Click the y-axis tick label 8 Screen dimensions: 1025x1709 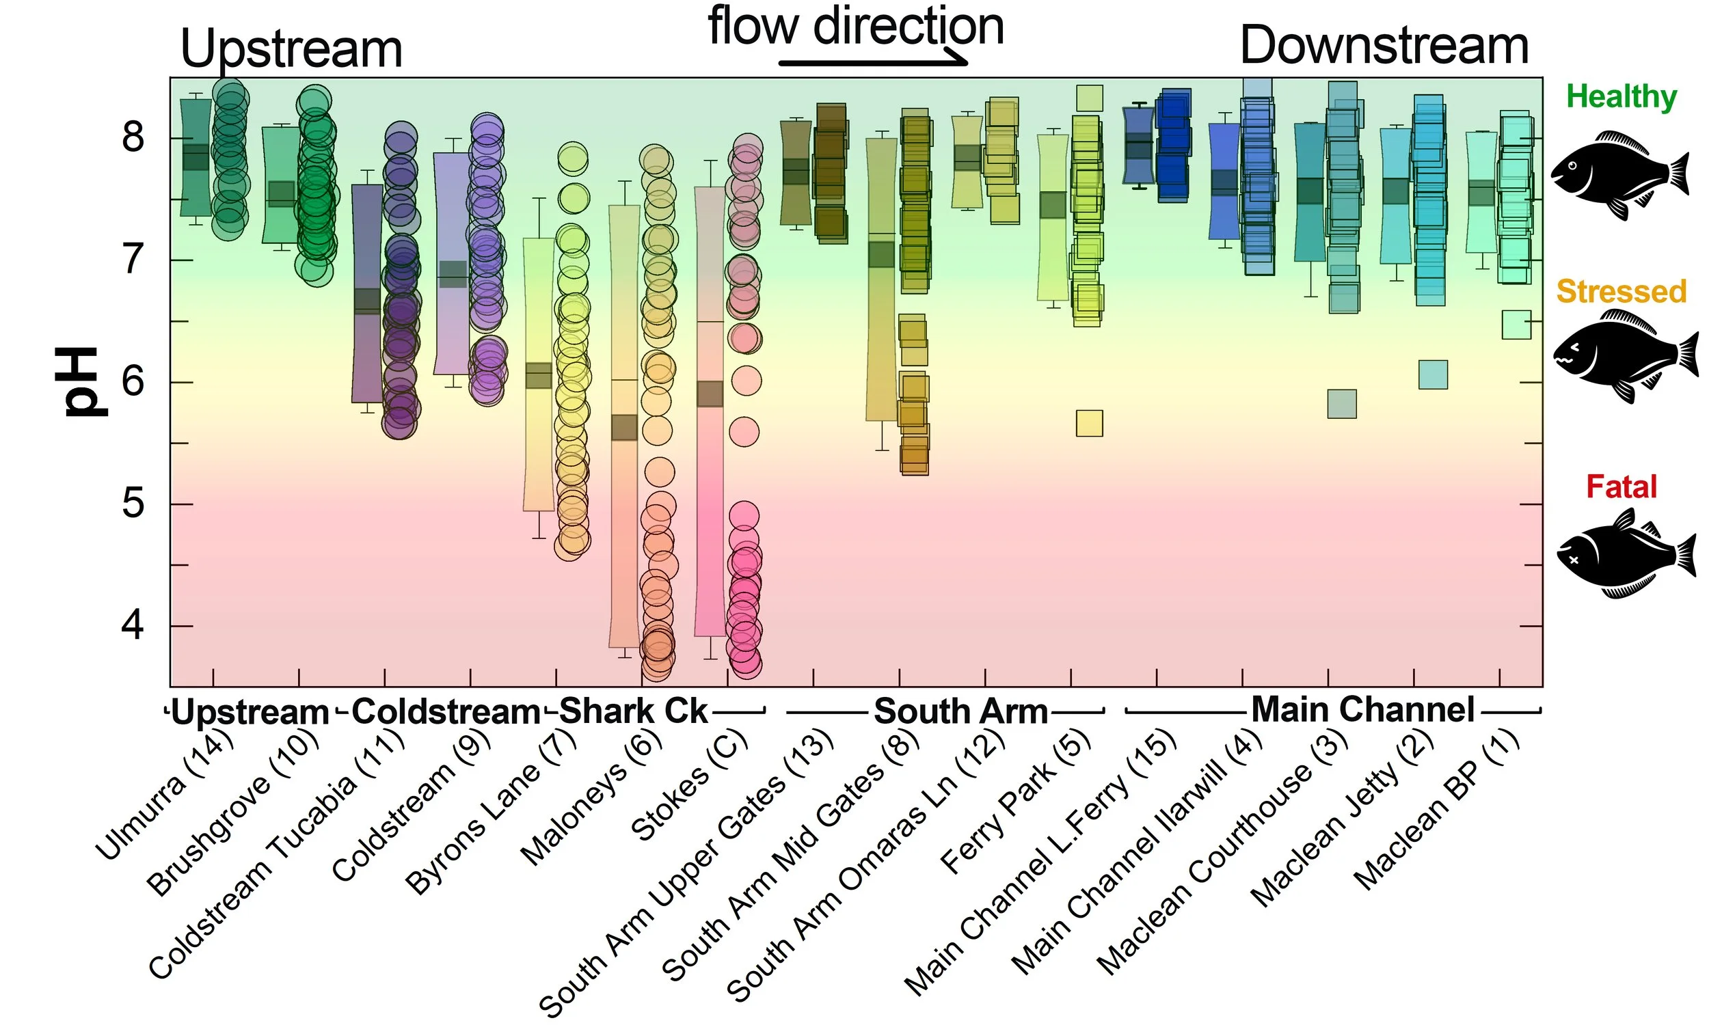click(x=133, y=137)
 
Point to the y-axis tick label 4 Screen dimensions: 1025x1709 click(x=133, y=626)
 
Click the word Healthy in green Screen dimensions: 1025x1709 click(x=1621, y=97)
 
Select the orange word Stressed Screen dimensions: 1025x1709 click(x=1621, y=292)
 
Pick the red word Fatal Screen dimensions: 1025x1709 click(x=1621, y=487)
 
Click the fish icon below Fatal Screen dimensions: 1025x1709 click(x=1625, y=554)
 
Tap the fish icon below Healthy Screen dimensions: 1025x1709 click(x=1619, y=175)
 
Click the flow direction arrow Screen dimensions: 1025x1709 click(x=873, y=62)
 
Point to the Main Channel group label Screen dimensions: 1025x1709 click(x=1362, y=709)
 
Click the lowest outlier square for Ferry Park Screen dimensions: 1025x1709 click(x=1090, y=424)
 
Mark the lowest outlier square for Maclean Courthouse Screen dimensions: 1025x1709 click(x=1341, y=404)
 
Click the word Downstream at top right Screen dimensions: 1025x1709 click(x=1384, y=46)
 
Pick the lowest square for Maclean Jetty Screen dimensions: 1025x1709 click(x=1433, y=374)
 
